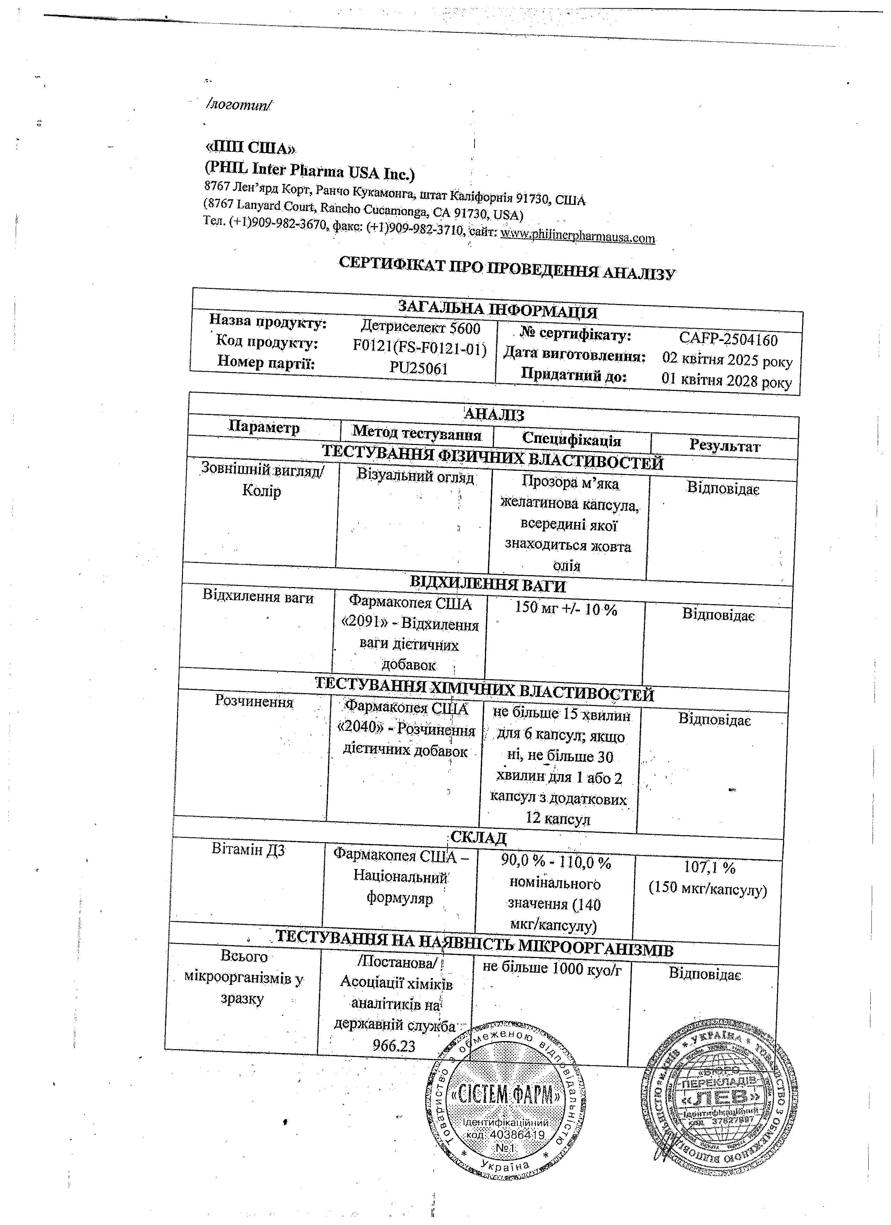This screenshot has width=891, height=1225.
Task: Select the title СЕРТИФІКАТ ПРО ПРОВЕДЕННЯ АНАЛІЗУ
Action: coord(507,268)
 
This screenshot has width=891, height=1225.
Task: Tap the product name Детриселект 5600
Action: coord(420,328)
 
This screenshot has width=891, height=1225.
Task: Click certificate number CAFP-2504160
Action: coord(728,340)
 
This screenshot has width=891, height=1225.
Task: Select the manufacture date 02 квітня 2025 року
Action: coord(727,360)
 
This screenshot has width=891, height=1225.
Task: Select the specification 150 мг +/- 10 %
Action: coord(566,609)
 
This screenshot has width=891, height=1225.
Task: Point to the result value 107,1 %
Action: coord(709,867)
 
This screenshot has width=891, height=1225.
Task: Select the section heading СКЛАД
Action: coord(478,838)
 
